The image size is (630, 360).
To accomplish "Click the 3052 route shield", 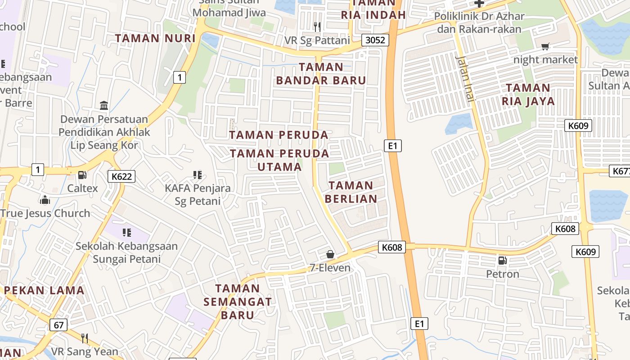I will point(375,40).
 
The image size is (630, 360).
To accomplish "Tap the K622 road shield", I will point(121,176).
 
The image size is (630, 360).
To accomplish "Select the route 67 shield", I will point(59,324).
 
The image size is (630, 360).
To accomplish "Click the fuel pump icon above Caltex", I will point(82,175).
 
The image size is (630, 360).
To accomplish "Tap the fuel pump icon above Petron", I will point(502,260).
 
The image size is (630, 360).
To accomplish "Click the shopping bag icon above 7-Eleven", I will point(330,254).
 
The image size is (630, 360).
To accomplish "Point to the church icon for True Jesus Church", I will point(45,199).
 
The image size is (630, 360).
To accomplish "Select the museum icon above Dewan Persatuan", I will point(104,106).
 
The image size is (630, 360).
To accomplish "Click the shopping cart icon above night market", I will point(545,46).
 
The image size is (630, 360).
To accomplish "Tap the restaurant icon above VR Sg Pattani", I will point(317,27).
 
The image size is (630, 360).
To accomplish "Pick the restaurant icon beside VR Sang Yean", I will point(84,338).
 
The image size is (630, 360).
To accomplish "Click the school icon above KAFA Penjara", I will point(197,175).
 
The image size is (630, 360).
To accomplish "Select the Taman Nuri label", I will point(155,38).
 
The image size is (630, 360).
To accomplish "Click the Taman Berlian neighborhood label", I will point(351,192).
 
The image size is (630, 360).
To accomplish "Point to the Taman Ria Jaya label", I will point(528,94).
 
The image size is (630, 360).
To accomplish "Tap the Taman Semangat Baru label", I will point(238,301).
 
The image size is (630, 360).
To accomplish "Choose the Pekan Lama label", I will point(44,290).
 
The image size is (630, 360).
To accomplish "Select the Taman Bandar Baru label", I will point(321,74).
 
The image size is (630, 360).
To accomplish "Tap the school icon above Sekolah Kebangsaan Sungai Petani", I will point(127,233).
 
